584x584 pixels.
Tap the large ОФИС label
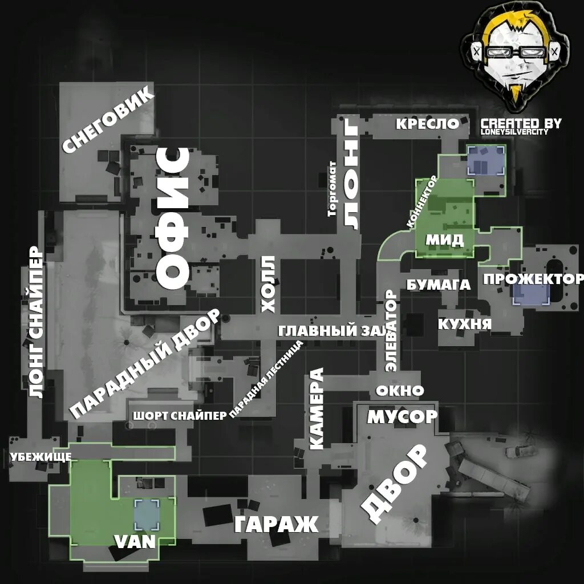[x=173, y=218]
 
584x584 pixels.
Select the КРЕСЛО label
[x=428, y=124]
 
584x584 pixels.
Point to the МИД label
[x=444, y=240]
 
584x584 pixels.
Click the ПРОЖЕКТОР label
[x=533, y=279]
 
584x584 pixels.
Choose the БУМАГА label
[x=438, y=285]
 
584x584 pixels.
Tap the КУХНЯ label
[x=464, y=324]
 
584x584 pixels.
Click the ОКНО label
[x=400, y=391]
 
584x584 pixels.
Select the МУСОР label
[x=401, y=417]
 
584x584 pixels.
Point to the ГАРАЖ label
[x=276, y=524]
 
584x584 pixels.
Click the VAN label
[x=135, y=541]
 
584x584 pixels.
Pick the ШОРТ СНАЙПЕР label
[x=180, y=416]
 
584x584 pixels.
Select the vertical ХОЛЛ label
[x=268, y=284]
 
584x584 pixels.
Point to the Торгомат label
[x=332, y=189]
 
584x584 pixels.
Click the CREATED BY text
[x=521, y=124]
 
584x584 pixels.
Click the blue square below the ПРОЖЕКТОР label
[x=530, y=295]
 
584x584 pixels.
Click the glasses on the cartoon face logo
[x=516, y=52]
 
